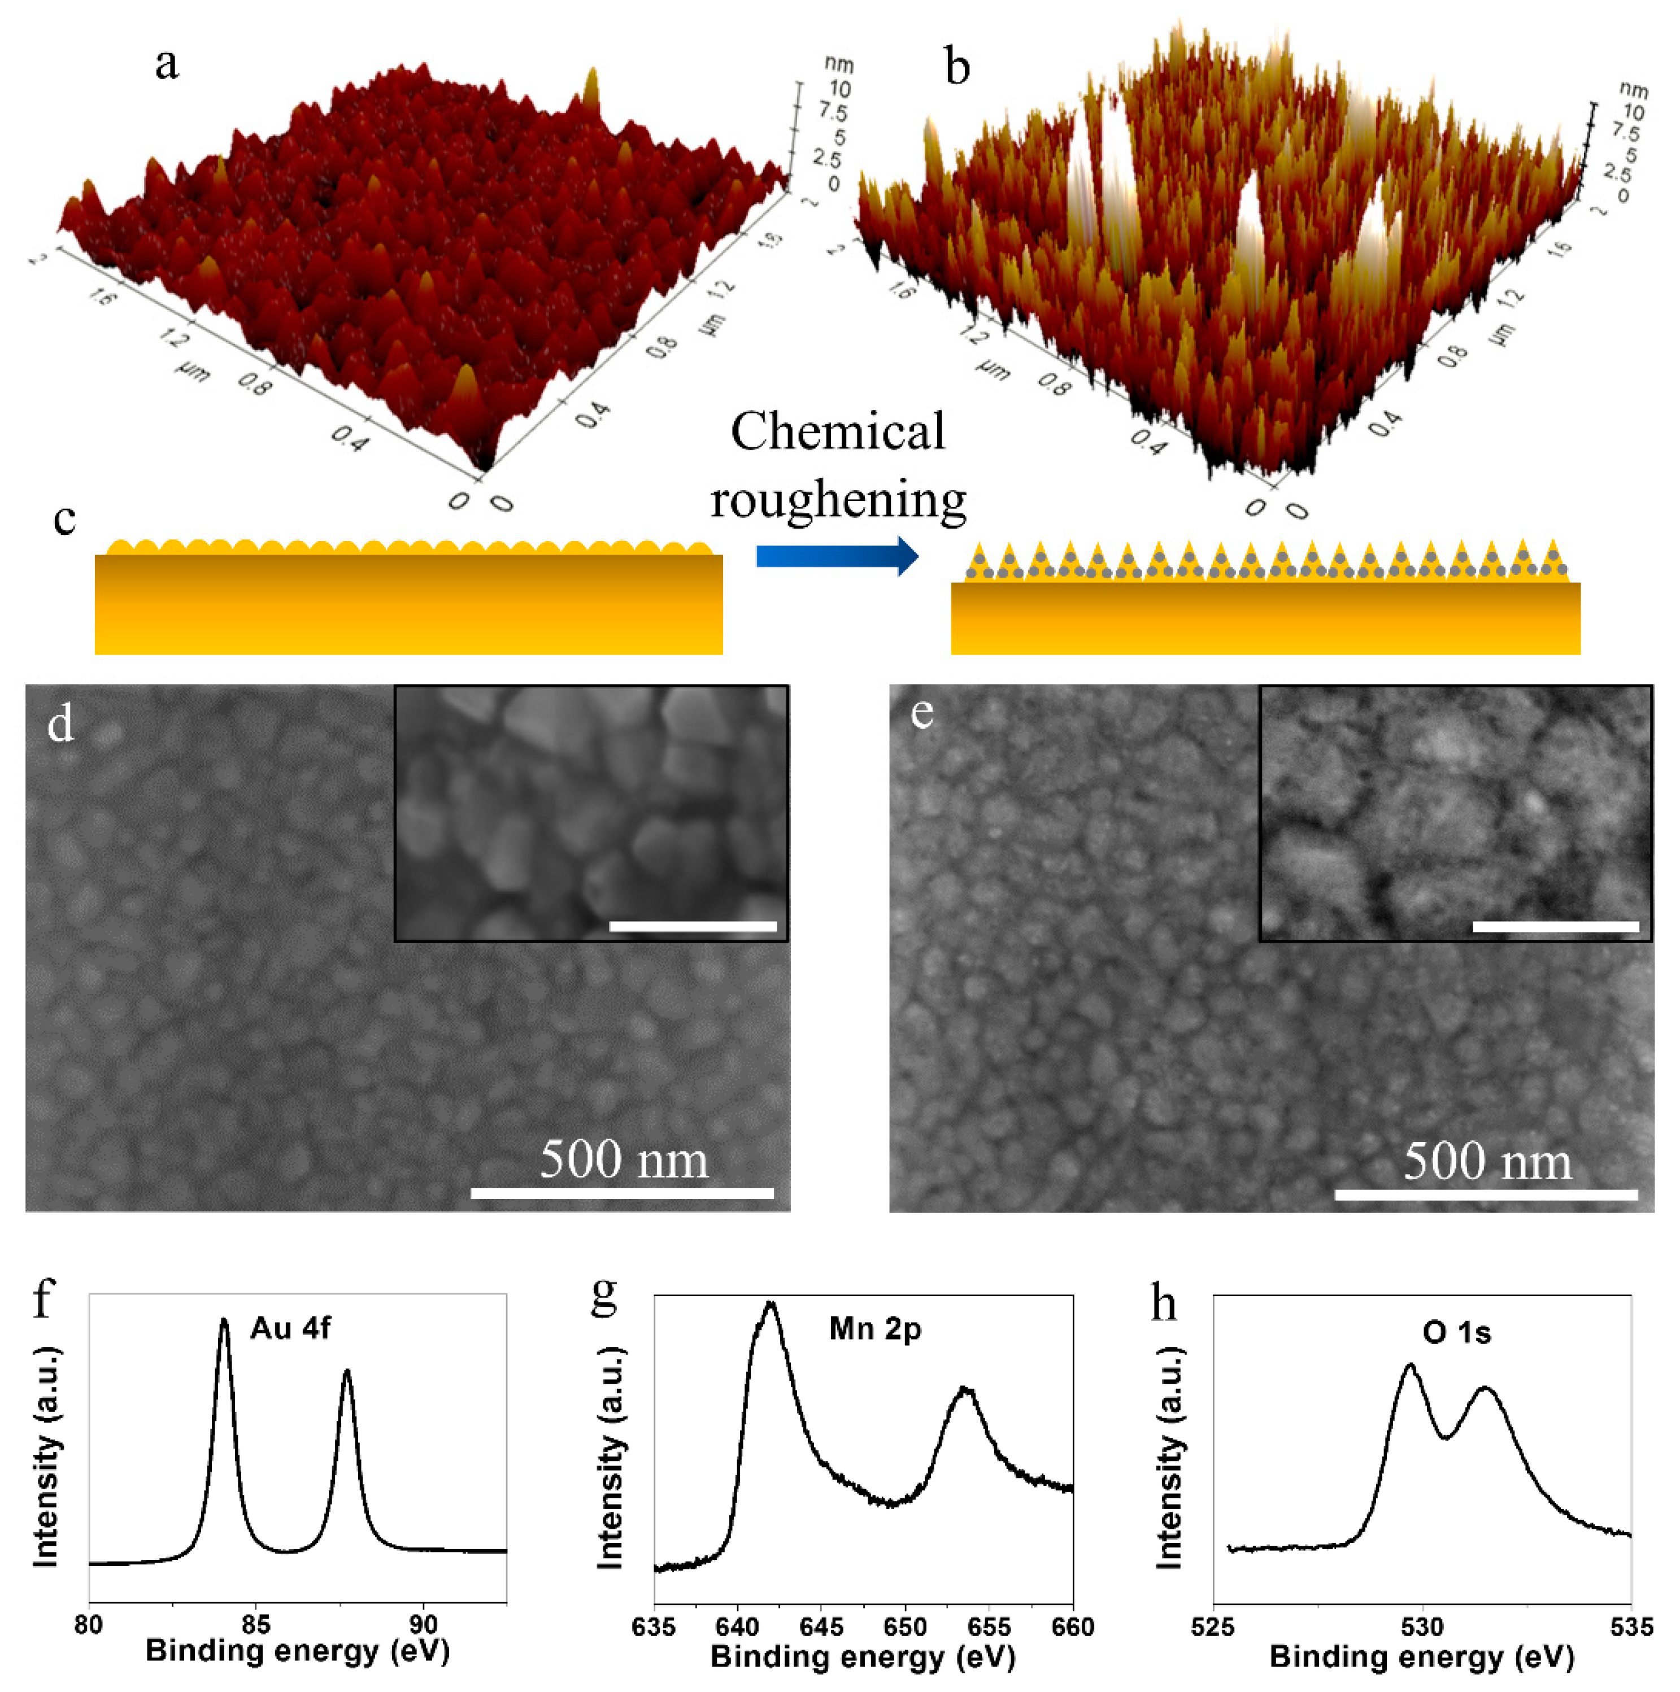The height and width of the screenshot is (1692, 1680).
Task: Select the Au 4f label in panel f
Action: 290,1328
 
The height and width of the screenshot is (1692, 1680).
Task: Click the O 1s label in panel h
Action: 1456,1333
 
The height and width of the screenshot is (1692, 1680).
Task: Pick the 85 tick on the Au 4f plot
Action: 256,1625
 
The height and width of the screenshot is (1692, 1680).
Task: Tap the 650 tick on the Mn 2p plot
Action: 905,1627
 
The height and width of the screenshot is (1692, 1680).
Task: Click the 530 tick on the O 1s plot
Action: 1422,1627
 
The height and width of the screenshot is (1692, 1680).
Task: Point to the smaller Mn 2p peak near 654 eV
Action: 965,1391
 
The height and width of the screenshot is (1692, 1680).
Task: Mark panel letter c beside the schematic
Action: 64,518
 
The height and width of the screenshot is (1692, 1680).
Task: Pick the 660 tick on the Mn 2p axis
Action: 1072,1627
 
